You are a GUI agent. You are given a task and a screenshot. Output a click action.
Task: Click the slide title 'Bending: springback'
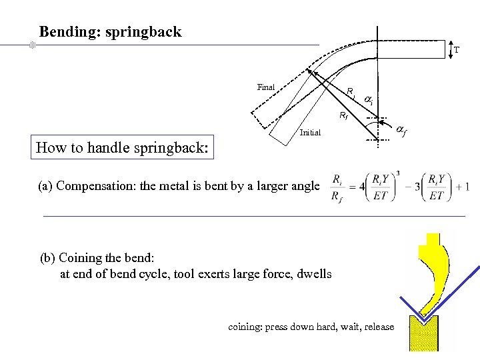click(x=110, y=32)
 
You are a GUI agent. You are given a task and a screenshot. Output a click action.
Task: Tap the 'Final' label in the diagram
click(x=265, y=87)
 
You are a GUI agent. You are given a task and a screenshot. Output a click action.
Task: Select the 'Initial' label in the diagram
click(x=310, y=132)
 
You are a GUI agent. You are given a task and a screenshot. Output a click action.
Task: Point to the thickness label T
click(x=456, y=50)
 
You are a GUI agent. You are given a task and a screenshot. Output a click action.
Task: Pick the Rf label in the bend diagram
click(x=343, y=116)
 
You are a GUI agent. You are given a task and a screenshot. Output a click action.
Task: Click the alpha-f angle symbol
click(x=401, y=130)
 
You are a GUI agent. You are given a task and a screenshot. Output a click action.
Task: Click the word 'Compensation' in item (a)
click(x=91, y=186)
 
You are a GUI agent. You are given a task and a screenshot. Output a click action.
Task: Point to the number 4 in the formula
click(x=362, y=186)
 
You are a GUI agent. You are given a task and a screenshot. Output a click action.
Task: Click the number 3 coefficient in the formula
click(x=417, y=186)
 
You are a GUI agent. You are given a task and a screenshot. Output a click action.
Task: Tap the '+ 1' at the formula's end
click(x=463, y=186)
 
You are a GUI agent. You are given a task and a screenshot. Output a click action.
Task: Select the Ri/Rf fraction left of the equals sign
click(x=338, y=186)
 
